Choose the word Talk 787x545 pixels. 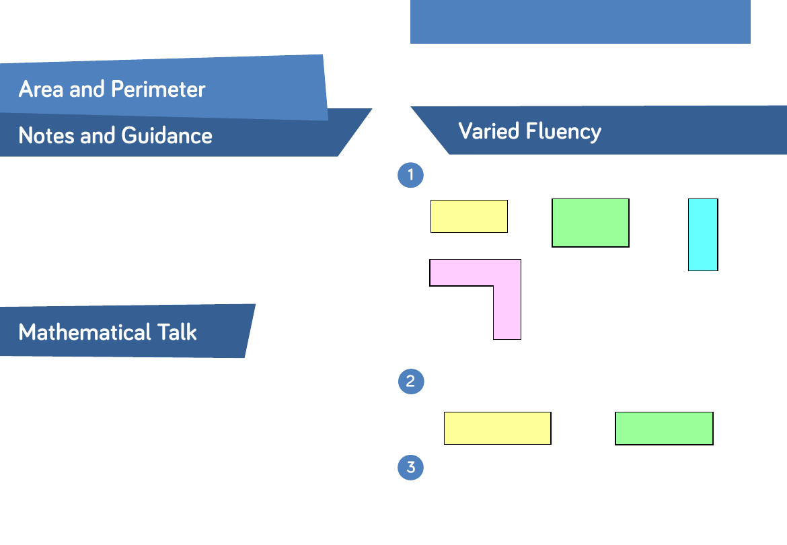[x=176, y=332]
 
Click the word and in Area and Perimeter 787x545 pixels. [x=87, y=89]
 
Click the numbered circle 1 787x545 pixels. [x=411, y=176]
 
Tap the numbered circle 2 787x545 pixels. [x=411, y=381]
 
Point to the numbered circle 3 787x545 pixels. [x=411, y=468]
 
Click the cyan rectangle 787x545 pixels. [x=703, y=235]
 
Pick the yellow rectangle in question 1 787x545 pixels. [x=469, y=216]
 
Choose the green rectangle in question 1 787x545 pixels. [x=591, y=223]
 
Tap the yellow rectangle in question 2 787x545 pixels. [x=498, y=428]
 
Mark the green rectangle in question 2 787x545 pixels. [x=664, y=428]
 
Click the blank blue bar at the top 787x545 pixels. [x=580, y=22]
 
